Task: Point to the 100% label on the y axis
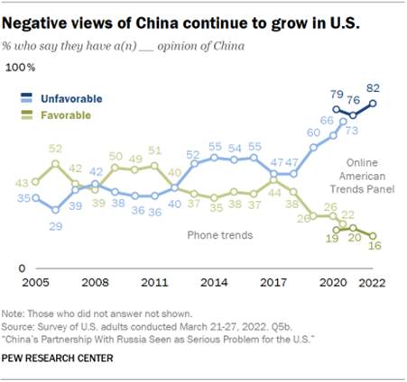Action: coord(21,68)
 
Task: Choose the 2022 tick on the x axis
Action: coord(373,282)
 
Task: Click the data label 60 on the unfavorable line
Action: coord(313,132)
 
